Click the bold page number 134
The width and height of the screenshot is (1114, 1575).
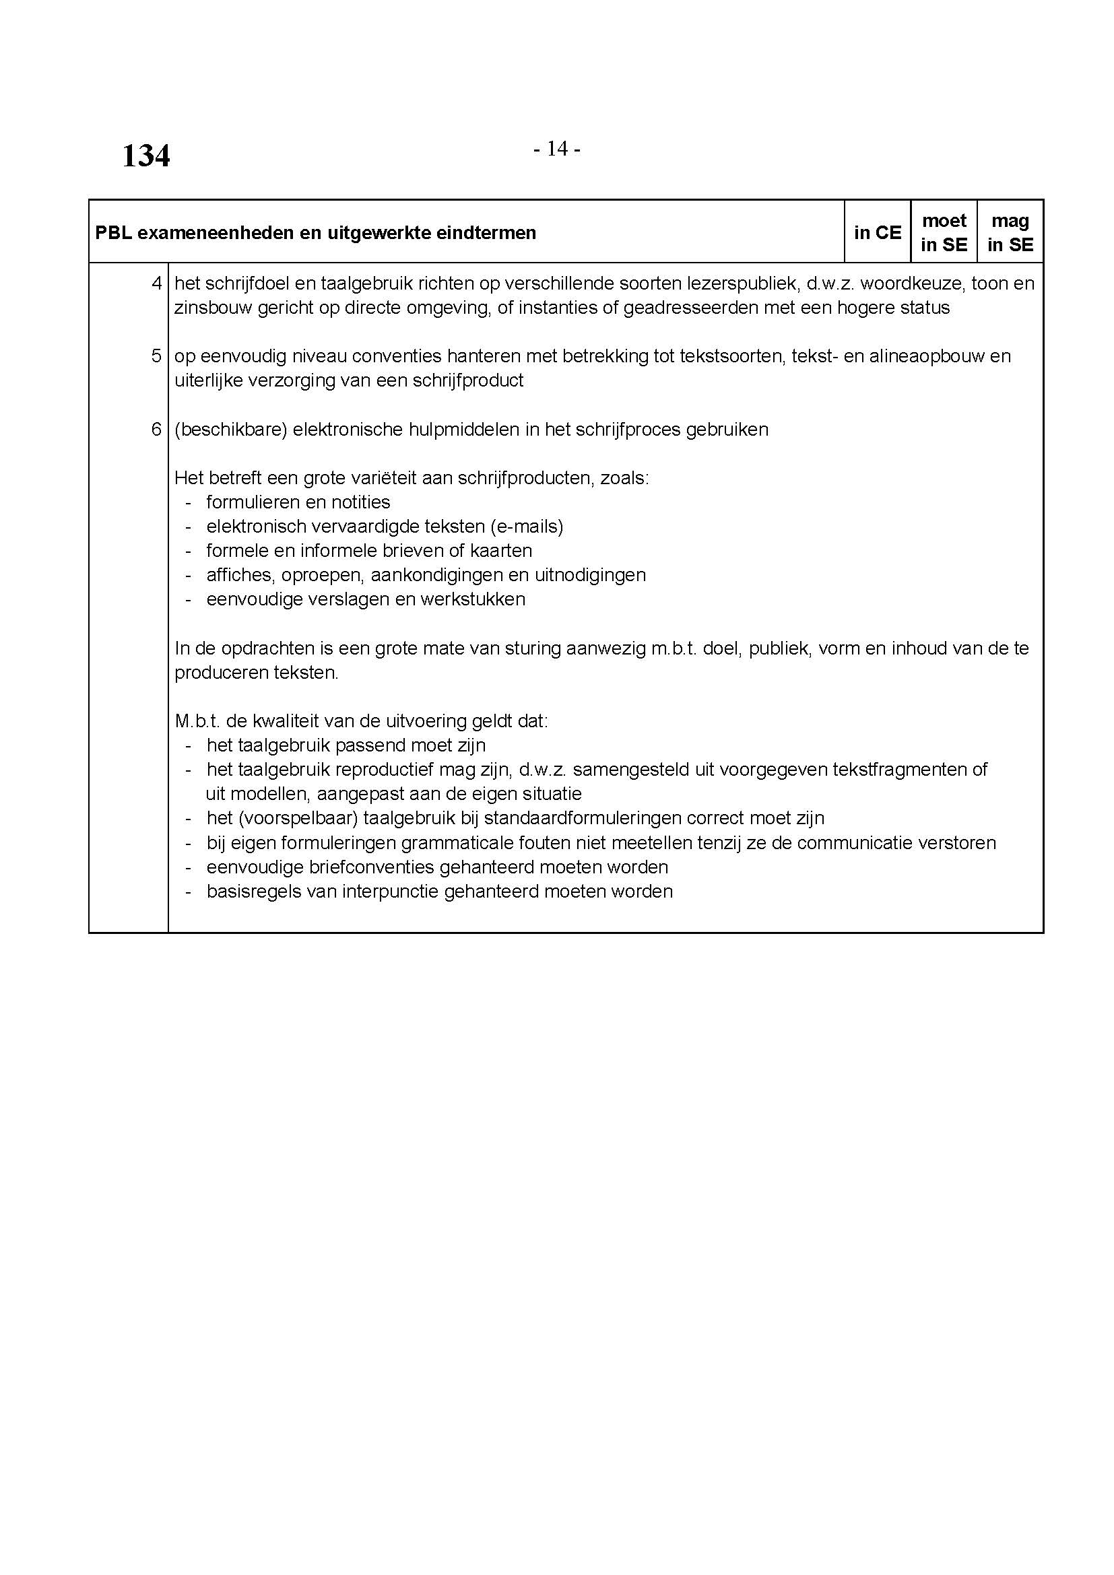pos(145,156)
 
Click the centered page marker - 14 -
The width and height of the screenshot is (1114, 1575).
pos(556,148)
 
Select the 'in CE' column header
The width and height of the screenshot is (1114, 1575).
pos(878,232)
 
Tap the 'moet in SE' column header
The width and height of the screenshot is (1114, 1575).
pos(944,232)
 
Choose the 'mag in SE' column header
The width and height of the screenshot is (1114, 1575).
pos(1010,232)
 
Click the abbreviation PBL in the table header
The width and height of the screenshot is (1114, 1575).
pos(112,233)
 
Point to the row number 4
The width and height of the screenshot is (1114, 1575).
pos(156,283)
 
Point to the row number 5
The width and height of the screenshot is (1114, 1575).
pos(156,356)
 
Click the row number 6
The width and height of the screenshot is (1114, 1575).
pos(156,429)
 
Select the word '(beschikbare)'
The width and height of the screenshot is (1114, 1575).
pos(230,430)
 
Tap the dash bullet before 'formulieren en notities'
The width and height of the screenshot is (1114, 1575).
pos(188,502)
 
